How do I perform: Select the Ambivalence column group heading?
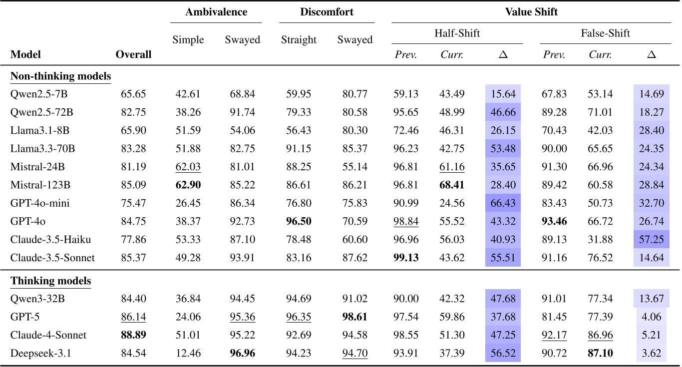click(216, 12)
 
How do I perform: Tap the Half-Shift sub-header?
click(457, 33)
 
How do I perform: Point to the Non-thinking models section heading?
click(60, 76)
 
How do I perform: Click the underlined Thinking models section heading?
click(50, 281)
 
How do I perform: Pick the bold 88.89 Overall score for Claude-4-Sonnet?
click(133, 335)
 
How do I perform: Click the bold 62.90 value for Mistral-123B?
click(188, 185)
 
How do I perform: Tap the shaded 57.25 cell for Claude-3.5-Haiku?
click(651, 240)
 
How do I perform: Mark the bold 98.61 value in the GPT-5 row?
click(355, 317)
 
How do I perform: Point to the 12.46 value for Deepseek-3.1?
click(188, 354)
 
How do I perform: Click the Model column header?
click(25, 54)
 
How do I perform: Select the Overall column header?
click(133, 54)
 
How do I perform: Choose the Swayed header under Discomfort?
click(355, 40)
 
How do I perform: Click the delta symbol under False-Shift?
click(651, 54)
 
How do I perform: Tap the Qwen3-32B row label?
click(33, 299)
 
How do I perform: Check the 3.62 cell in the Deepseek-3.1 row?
click(651, 354)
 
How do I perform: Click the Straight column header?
click(299, 40)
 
